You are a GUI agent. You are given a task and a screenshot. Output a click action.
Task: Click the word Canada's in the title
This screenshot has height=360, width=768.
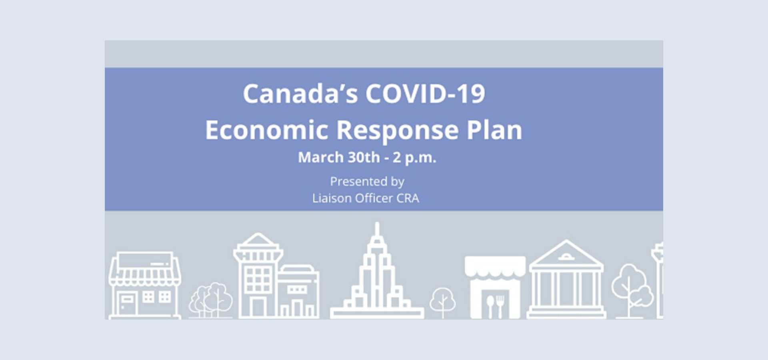point(300,94)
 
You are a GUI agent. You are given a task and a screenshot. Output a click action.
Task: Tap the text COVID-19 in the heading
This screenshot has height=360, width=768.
point(425,94)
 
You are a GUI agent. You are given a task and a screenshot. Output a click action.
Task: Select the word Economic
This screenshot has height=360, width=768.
point(267,130)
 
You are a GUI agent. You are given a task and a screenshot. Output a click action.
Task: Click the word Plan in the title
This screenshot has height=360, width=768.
point(494,130)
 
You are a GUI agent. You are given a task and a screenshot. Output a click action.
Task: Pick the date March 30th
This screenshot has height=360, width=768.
point(339,157)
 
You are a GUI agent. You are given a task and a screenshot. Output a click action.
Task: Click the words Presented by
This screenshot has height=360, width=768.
point(367,182)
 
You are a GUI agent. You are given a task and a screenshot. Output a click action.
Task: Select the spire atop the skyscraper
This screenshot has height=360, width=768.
point(377,230)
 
